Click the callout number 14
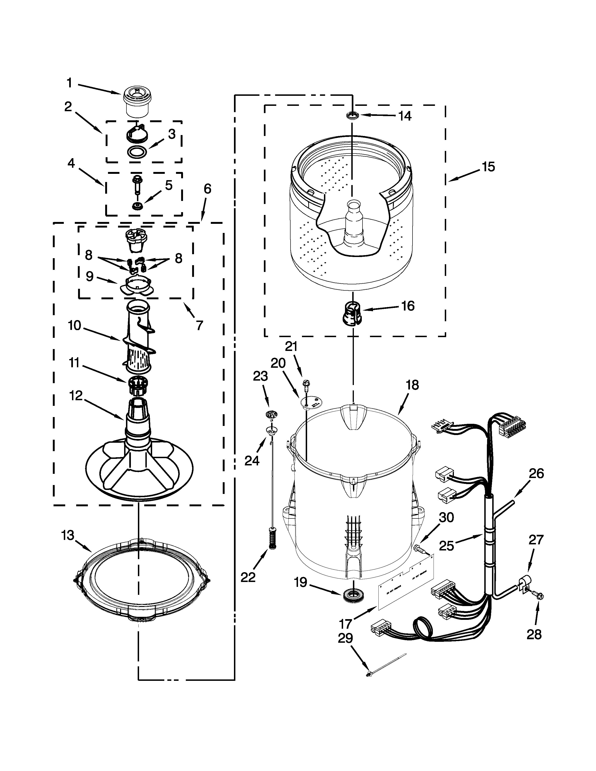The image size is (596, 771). pyautogui.click(x=405, y=116)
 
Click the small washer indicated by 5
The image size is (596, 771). pyautogui.click(x=136, y=206)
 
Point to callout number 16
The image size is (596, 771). pyautogui.click(x=408, y=306)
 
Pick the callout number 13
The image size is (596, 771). pyautogui.click(x=68, y=535)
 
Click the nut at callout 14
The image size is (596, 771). pyautogui.click(x=352, y=115)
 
